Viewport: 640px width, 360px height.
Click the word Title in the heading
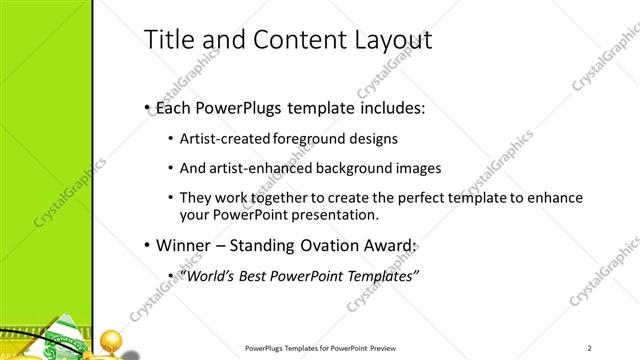click(x=170, y=40)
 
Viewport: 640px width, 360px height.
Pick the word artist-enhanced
click(x=258, y=168)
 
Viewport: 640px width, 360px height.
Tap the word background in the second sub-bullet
click(x=363, y=168)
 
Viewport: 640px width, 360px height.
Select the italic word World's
click(x=206, y=275)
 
